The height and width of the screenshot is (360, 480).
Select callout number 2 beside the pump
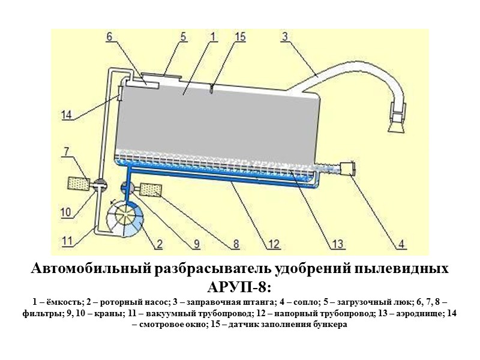(x=160, y=244)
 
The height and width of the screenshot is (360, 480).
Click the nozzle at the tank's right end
(x=347, y=167)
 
